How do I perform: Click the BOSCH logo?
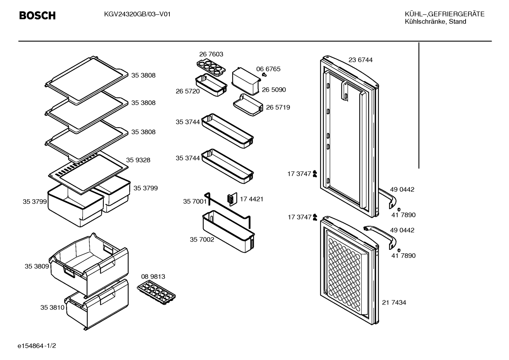click(37, 16)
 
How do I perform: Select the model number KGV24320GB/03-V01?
click(137, 14)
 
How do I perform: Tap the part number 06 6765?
click(268, 69)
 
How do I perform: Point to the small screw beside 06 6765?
click(264, 74)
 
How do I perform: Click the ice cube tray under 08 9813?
click(156, 292)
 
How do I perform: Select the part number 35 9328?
click(138, 160)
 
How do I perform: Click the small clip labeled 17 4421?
click(232, 199)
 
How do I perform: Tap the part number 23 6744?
click(361, 60)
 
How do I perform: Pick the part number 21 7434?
click(394, 302)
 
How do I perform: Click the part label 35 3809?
click(37, 266)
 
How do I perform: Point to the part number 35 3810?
click(53, 307)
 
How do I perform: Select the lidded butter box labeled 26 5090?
click(246, 81)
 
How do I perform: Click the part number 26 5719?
click(278, 107)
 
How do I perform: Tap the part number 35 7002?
click(202, 240)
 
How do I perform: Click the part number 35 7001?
click(195, 201)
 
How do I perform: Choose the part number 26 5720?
click(188, 91)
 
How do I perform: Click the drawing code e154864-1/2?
click(37, 346)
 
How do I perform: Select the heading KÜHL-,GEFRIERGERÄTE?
click(445, 14)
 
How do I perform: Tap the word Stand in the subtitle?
click(457, 22)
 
